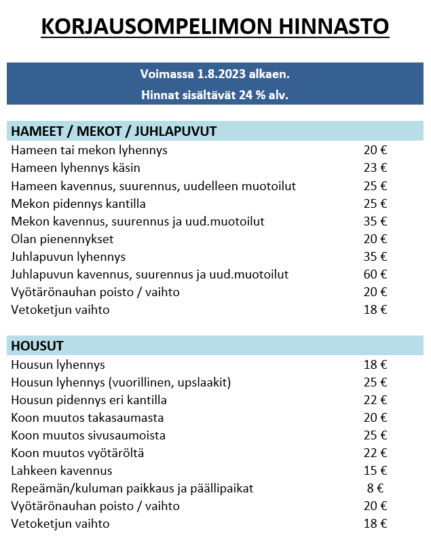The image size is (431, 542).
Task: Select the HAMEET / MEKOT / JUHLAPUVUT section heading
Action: click(113, 131)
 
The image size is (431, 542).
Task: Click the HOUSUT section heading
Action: click(38, 346)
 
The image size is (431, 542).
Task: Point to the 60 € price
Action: click(375, 274)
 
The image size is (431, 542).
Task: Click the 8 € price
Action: click(375, 488)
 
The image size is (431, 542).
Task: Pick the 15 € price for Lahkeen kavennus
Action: click(375, 471)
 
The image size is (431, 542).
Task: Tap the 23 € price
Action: click(375, 168)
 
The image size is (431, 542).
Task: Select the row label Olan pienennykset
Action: click(62, 239)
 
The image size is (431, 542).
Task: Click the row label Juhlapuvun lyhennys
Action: click(69, 257)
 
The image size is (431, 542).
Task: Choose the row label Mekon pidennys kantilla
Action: click(79, 204)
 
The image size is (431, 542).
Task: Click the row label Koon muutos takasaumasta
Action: click(88, 418)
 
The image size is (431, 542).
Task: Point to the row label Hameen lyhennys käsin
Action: click(76, 168)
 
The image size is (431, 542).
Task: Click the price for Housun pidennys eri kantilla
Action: click(375, 400)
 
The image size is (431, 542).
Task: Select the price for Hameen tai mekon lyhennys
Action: click(375, 150)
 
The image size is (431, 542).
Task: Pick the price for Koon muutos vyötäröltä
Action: click(375, 453)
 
